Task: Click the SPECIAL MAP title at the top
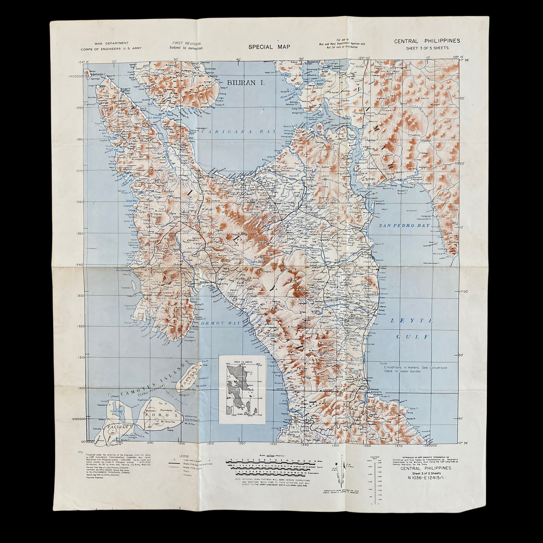(x=269, y=47)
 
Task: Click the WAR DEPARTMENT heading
(x=111, y=43)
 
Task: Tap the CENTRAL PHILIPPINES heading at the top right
(x=427, y=41)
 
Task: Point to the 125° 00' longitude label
(x=364, y=58)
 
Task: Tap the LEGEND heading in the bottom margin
(x=184, y=456)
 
